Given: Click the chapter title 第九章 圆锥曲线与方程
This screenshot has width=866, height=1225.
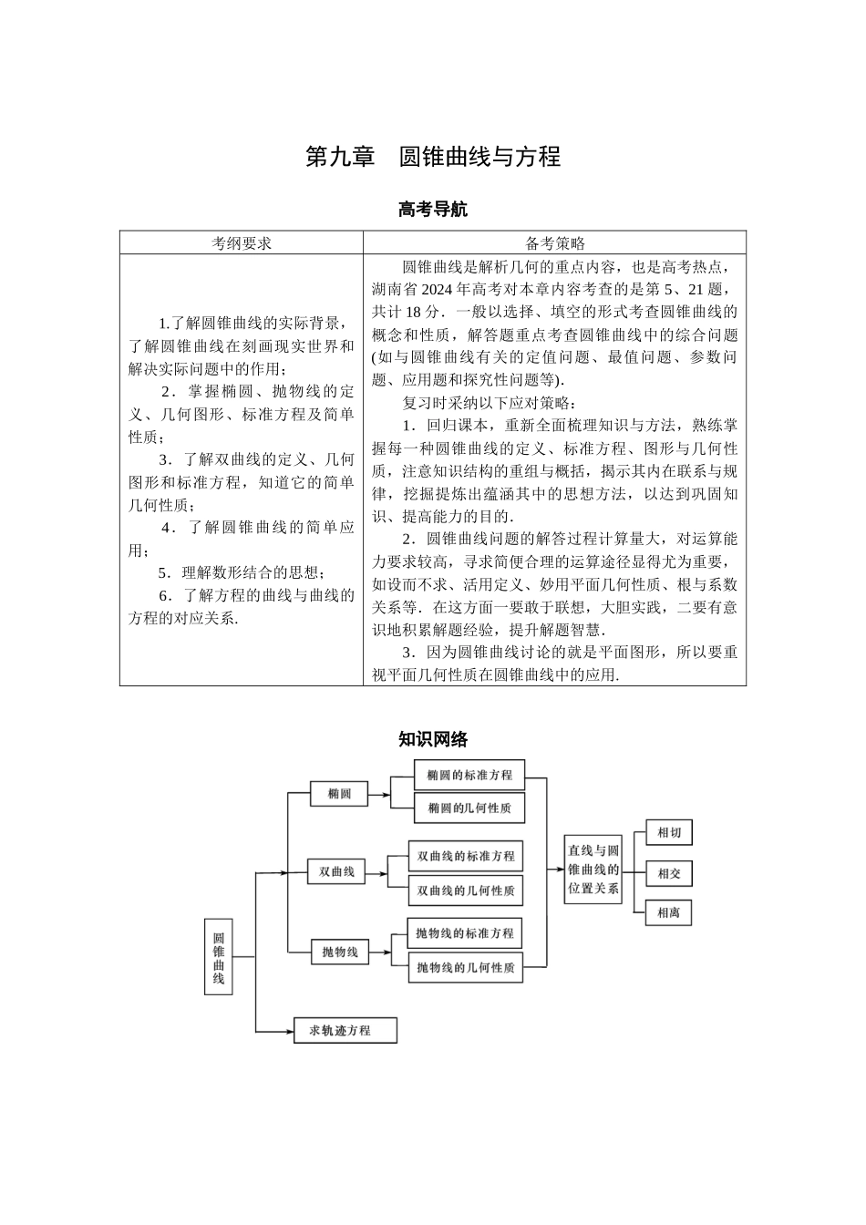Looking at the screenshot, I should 432,157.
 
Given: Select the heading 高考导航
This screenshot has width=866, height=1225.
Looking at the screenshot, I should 432,210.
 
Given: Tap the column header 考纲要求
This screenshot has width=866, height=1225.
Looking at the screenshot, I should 242,242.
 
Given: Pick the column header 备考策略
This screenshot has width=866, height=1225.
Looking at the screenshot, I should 554,242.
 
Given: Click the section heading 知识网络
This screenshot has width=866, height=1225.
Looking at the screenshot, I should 432,739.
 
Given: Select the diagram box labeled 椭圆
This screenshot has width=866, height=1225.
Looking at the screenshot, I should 339,794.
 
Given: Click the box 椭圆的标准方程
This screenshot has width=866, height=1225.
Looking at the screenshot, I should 469,775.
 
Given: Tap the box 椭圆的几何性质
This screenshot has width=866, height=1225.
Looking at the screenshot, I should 469,808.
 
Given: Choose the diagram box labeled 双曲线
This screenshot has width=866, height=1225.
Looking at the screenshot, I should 336,872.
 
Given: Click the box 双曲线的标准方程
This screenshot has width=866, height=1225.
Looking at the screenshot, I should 466,857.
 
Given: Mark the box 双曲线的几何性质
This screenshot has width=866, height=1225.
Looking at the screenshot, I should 466,890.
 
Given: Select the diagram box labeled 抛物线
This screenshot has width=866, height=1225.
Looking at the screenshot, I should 340,952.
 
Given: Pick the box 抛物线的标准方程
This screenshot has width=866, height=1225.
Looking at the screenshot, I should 465,933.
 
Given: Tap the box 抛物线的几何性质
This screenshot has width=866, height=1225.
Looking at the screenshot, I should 465,967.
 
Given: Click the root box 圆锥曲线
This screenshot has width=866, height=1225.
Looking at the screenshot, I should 219,956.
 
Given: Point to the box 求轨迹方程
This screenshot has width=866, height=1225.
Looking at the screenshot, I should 345,1031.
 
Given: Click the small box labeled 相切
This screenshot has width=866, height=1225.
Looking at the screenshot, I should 669,832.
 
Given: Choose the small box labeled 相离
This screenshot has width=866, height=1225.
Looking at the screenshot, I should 669,912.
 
